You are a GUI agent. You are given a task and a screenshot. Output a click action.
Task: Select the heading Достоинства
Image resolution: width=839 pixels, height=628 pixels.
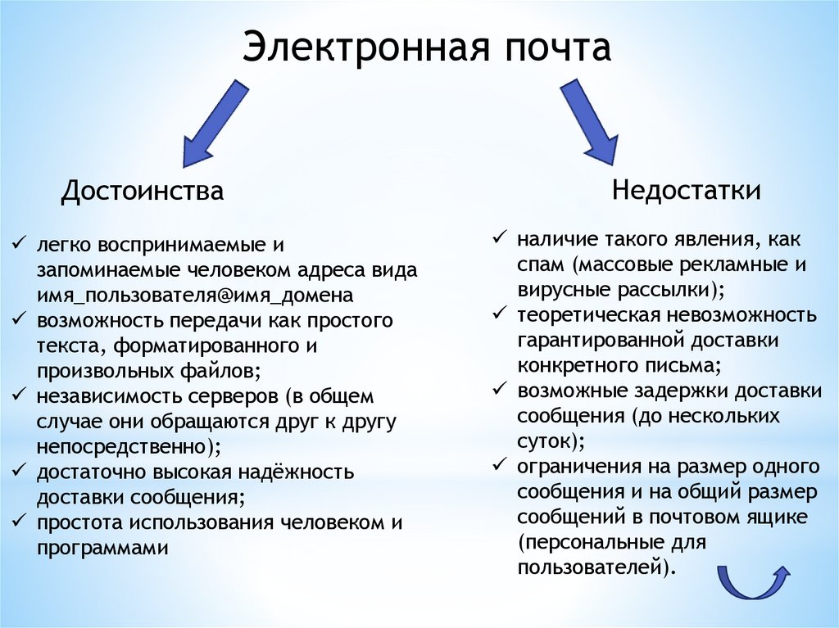click(143, 192)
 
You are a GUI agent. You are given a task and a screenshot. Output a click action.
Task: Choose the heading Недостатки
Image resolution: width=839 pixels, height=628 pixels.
click(687, 191)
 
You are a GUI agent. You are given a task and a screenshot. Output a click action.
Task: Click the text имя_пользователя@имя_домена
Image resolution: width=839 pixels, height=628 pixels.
click(195, 294)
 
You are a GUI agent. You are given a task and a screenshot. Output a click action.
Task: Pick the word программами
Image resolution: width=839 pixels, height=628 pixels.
click(102, 548)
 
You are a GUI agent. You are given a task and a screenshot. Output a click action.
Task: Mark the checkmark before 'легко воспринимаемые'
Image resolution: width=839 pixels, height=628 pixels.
click(17, 243)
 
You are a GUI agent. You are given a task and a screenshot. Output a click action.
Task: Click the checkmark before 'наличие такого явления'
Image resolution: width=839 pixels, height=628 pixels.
click(498, 239)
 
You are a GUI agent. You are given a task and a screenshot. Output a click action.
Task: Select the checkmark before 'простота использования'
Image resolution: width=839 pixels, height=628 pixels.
click(17, 522)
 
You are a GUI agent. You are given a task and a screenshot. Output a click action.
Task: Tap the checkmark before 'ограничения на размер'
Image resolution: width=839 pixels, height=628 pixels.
click(498, 466)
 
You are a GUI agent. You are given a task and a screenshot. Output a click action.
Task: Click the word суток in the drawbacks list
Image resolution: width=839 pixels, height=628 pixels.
click(544, 441)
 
